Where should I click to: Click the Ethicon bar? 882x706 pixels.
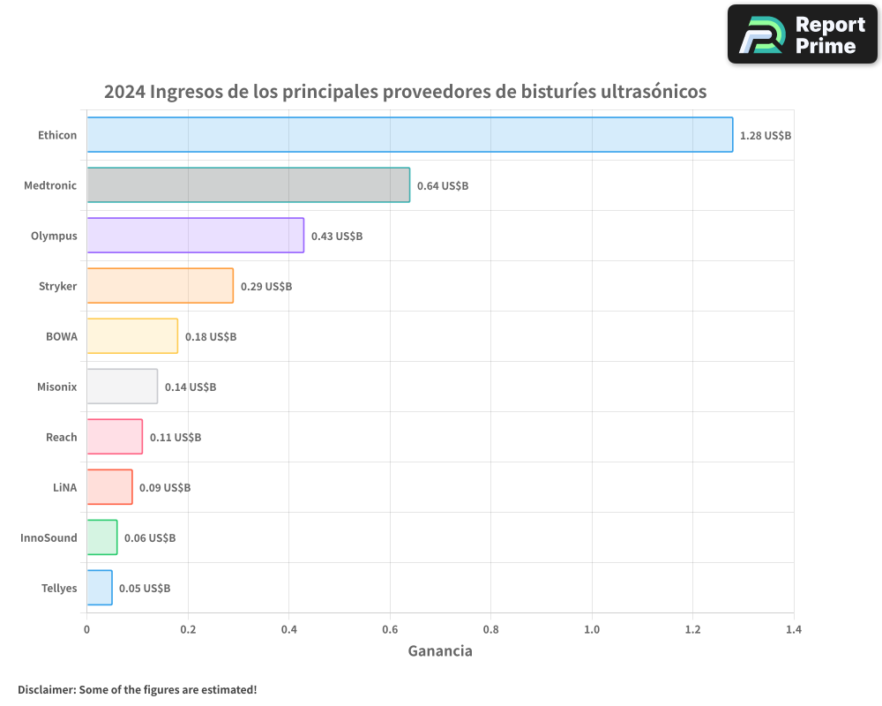(x=409, y=135)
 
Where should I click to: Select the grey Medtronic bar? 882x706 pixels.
(x=248, y=185)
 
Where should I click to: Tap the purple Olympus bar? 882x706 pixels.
(x=195, y=236)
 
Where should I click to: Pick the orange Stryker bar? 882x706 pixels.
(x=160, y=286)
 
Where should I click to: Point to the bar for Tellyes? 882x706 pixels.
(x=100, y=588)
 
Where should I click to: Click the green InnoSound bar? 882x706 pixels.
(x=101, y=537)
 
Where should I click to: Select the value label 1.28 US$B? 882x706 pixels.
(x=766, y=136)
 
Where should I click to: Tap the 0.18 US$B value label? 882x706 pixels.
(x=211, y=337)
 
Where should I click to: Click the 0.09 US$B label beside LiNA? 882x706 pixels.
(x=165, y=488)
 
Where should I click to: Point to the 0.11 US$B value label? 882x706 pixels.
(x=176, y=438)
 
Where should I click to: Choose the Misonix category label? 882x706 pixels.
(x=57, y=387)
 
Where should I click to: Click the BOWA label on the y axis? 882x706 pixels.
(x=62, y=336)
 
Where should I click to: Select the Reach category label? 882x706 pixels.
(x=62, y=437)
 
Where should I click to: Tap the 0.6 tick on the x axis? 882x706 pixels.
(x=390, y=630)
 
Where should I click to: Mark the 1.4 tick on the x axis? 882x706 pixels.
(x=794, y=630)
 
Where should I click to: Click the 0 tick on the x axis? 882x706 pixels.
(x=86, y=630)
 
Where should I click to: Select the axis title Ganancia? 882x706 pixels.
(x=440, y=651)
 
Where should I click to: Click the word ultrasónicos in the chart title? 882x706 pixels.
(x=654, y=92)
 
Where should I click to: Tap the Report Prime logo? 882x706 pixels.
(x=802, y=34)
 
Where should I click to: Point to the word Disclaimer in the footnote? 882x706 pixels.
(x=45, y=689)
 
